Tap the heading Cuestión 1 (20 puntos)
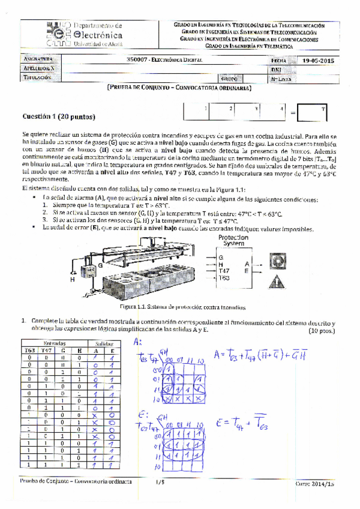58,116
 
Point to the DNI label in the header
277,70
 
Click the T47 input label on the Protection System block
225,271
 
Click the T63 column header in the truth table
29,349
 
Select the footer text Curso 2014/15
314,483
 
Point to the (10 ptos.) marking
321,330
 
